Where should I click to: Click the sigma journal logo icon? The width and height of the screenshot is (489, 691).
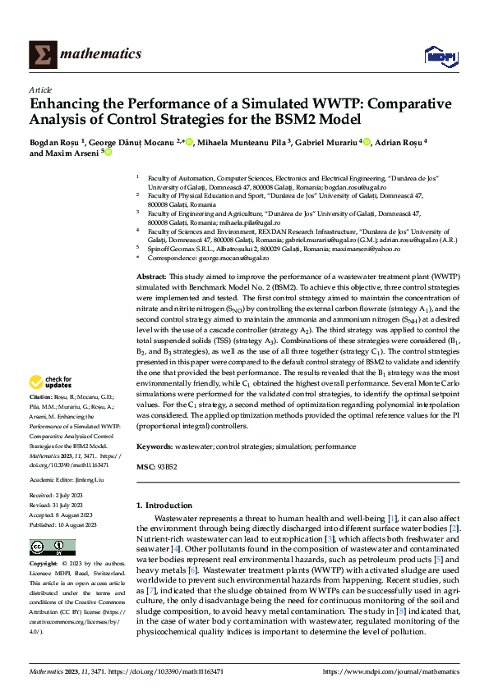[42, 55]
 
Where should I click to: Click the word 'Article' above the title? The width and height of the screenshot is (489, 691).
[40, 89]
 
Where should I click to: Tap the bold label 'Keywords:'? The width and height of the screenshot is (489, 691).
[155, 446]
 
